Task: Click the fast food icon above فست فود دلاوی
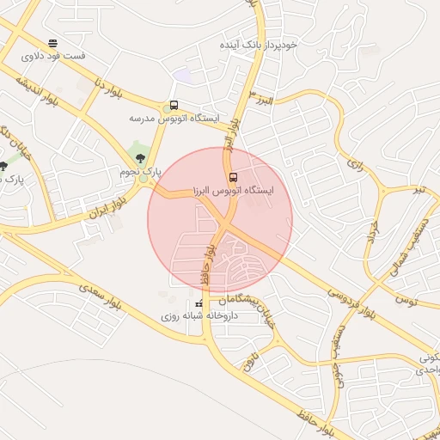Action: [53, 42]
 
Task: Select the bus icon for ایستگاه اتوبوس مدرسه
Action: [174, 106]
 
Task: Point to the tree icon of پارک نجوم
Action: [140, 157]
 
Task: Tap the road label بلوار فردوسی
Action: [350, 302]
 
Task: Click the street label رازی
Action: [355, 161]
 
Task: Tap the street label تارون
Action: [250, 360]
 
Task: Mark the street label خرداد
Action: [373, 236]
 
